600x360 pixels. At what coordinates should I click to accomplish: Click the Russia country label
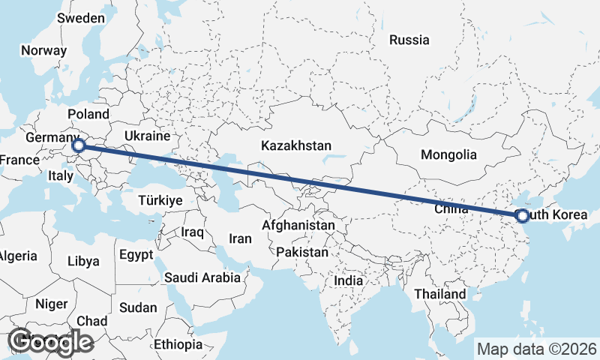(409, 40)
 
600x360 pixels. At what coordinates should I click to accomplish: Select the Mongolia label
(448, 155)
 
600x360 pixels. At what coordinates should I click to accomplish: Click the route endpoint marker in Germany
(79, 146)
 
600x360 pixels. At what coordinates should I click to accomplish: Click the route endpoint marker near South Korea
(523, 216)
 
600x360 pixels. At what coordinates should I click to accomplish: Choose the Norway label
(43, 50)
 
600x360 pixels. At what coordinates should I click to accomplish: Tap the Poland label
(88, 114)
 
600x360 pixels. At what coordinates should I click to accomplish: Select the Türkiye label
(160, 200)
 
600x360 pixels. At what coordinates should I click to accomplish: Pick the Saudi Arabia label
(202, 277)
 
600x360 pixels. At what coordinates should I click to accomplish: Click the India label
(348, 280)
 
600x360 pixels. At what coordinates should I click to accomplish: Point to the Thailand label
(439, 293)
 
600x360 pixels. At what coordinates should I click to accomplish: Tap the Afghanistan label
(298, 225)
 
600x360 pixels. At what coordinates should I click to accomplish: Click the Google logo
(50, 341)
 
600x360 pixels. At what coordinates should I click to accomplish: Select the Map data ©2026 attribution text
(536, 349)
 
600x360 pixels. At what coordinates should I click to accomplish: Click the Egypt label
(136, 254)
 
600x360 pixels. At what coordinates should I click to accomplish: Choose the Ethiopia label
(178, 344)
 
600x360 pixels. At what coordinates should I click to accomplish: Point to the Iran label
(240, 238)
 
